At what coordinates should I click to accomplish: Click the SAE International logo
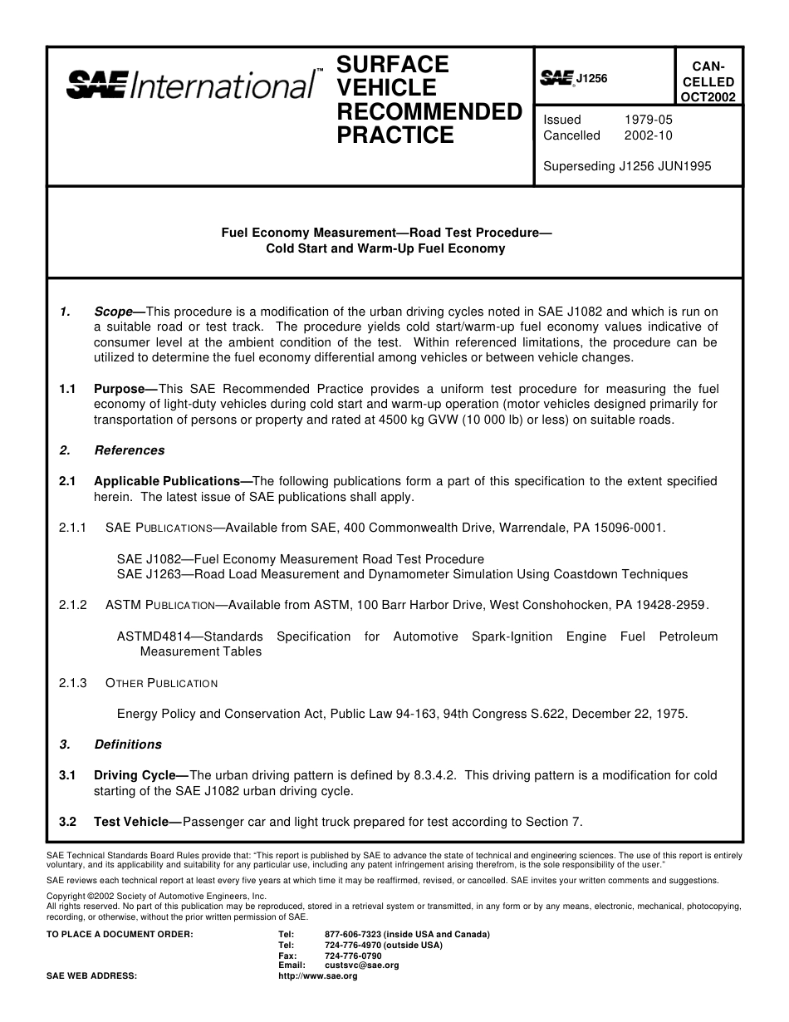(190, 85)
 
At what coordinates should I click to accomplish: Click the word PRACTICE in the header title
(395, 135)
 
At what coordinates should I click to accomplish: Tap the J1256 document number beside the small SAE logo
(591, 79)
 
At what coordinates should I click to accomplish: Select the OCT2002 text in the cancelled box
(708, 96)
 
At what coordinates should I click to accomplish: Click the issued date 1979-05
(648, 120)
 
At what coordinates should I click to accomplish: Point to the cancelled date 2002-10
(648, 135)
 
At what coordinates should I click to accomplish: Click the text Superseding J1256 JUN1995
(626, 165)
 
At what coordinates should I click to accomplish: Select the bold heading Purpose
(120, 389)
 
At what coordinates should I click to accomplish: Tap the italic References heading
(130, 450)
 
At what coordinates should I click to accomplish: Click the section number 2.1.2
(73, 605)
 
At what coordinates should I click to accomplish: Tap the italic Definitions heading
(128, 744)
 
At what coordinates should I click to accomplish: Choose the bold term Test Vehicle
(130, 822)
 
